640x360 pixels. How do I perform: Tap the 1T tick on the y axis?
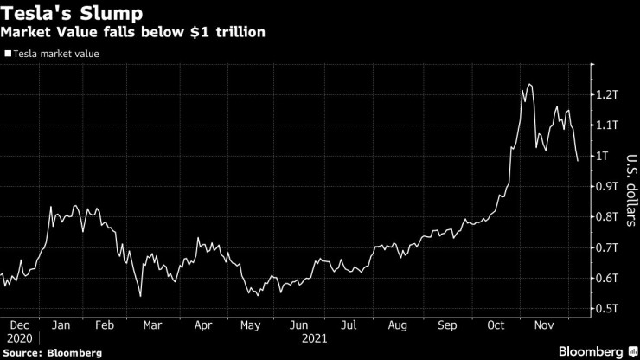[x=605, y=156]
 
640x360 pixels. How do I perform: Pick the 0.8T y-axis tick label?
[x=609, y=217]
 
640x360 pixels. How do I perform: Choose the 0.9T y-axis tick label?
[x=609, y=186]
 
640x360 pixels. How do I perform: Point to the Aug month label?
[x=397, y=327]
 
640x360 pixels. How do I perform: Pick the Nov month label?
[x=543, y=327]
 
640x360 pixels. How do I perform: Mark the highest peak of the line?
[x=529, y=84]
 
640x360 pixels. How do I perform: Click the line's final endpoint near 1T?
[x=578, y=160]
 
